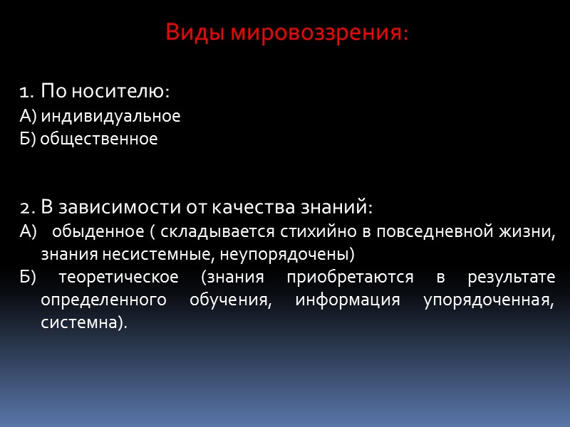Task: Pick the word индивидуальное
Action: [110, 116]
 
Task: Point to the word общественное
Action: [99, 139]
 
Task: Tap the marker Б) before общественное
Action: [28, 139]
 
